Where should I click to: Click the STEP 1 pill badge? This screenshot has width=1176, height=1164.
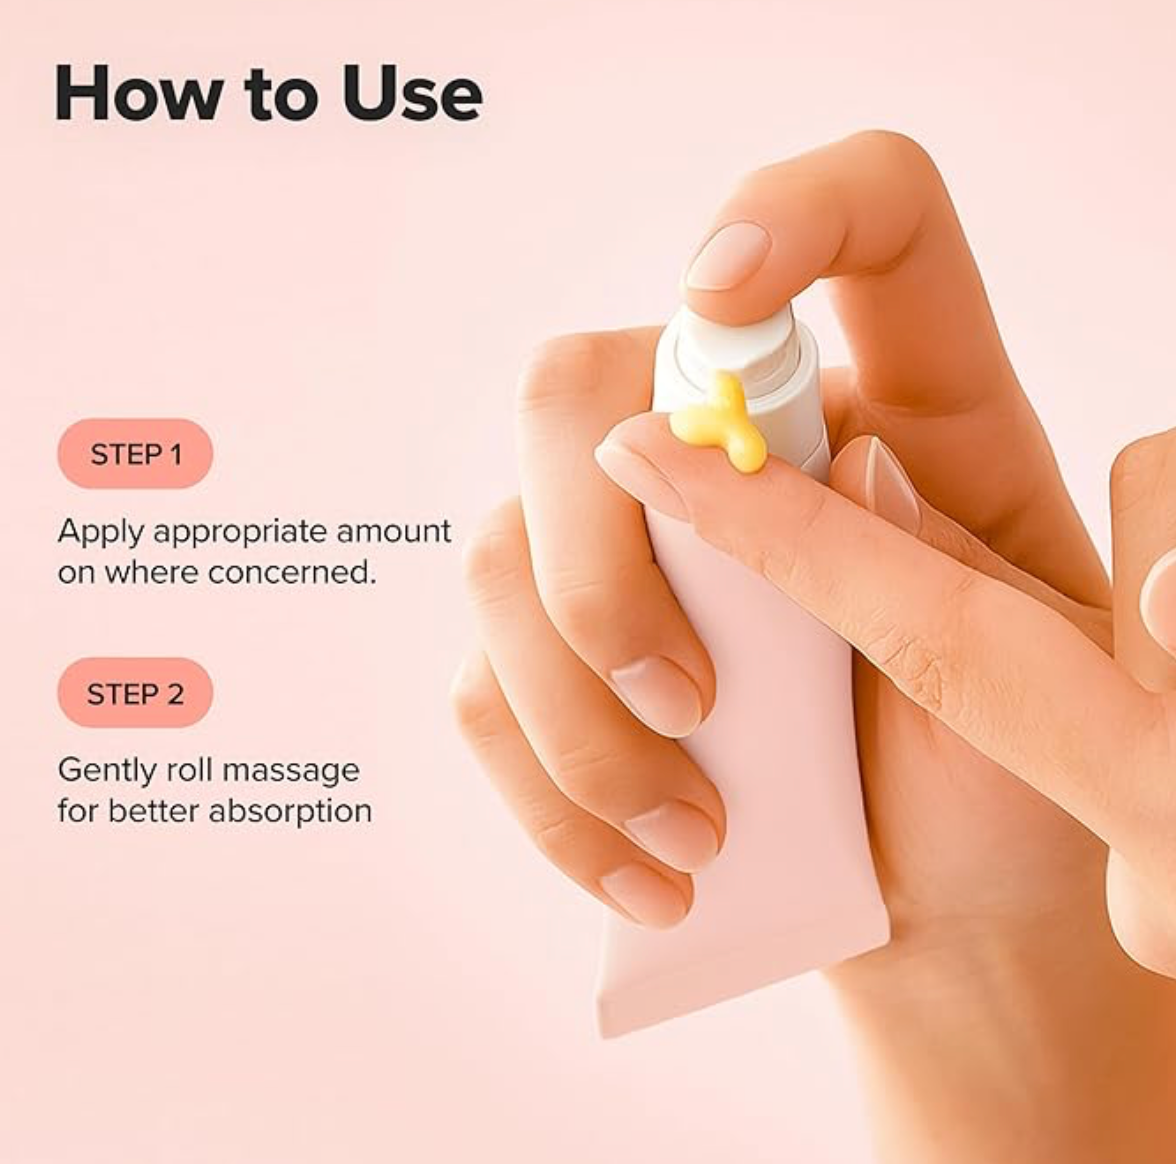[x=135, y=454]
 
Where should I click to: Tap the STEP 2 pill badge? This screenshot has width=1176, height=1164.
[x=135, y=693]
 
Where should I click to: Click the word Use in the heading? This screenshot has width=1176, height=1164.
[x=411, y=93]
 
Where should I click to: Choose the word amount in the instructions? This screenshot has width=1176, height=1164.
[x=394, y=531]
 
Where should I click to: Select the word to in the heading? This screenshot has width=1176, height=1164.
[x=284, y=93]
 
